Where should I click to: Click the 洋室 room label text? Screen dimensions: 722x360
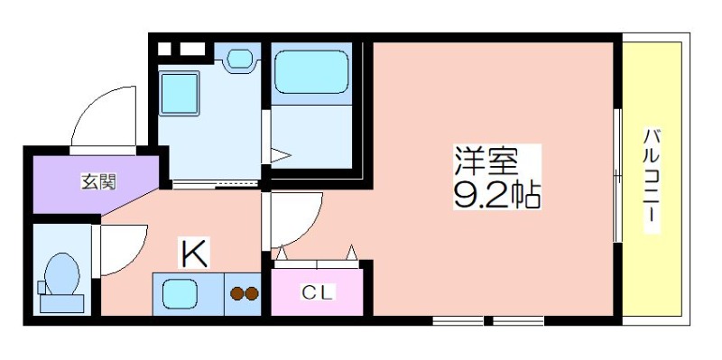pos(487,161)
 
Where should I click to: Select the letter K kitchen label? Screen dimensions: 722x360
pos(194,253)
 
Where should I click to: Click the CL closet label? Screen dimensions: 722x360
pos(317,293)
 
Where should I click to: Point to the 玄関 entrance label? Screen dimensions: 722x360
pos(98,182)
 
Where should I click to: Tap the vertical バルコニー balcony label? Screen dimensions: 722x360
pos(652,180)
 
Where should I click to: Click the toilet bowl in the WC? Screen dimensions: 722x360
pos(61,273)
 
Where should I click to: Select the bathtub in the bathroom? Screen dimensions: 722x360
pos(311,71)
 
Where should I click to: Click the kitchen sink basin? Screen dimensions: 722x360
pos(179,294)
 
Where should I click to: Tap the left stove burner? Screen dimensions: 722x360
pos(237,294)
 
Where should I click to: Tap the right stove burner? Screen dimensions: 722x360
pos(252,294)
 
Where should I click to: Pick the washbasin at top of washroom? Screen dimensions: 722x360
pos(240,59)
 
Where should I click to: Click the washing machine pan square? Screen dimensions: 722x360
pos(179,94)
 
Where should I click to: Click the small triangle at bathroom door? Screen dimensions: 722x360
pos(280,155)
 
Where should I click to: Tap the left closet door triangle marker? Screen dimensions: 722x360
pos(282,253)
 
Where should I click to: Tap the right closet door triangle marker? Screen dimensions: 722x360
pos(351,253)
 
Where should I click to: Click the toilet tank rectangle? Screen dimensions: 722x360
pos(61,304)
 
